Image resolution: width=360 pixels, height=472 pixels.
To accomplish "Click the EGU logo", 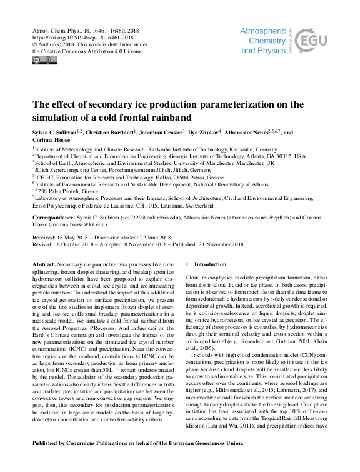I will [311, 43].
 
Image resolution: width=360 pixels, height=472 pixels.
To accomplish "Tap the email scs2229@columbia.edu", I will [150, 218].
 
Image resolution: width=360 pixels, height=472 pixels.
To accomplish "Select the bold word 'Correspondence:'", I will [54, 218].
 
